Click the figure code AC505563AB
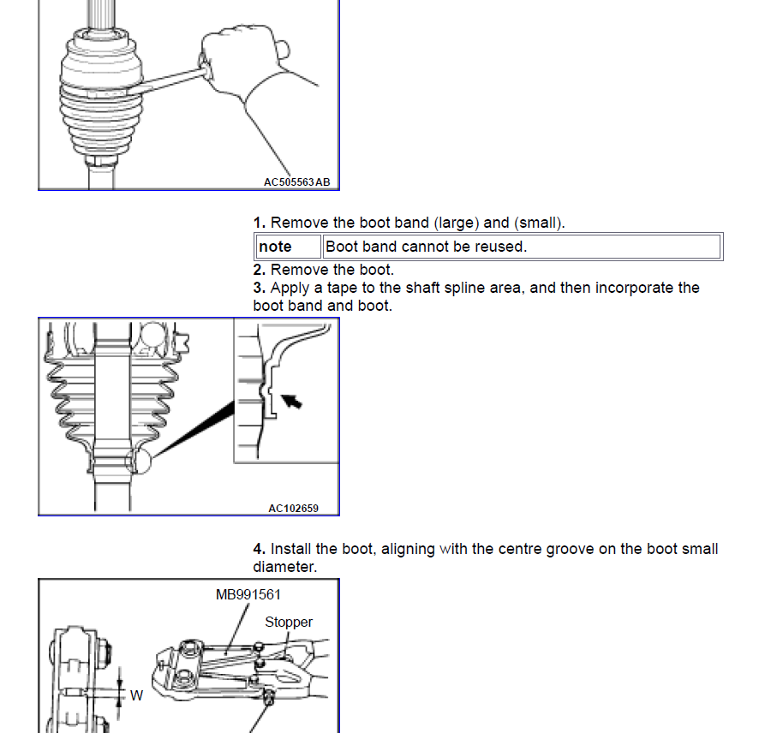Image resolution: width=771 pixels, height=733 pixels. click(296, 182)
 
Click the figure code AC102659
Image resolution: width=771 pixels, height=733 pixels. click(293, 508)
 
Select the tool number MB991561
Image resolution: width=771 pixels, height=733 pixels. click(248, 594)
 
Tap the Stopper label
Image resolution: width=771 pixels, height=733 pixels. click(289, 623)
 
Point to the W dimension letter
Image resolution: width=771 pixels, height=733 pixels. click(136, 696)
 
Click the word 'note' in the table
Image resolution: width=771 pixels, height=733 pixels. click(275, 247)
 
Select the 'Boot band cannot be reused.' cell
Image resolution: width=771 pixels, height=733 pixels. click(426, 247)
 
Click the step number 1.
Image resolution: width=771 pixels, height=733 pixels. click(259, 223)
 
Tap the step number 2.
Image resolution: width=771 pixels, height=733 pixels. click(259, 271)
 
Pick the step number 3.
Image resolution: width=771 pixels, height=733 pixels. click(259, 288)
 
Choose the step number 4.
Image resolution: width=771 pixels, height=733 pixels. click(259, 549)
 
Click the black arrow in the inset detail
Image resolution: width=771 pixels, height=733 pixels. click(293, 400)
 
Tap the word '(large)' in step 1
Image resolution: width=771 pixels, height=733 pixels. click(456, 223)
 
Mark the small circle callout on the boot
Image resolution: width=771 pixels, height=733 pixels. click(137, 461)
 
